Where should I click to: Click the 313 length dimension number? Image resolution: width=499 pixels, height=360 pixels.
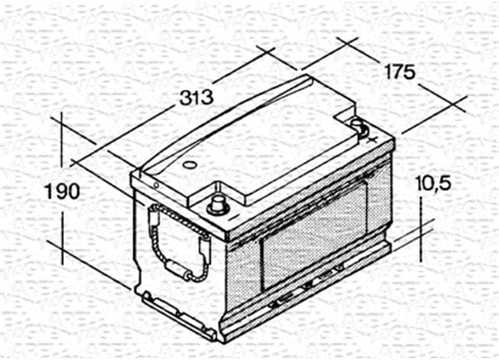pyautogui.click(x=196, y=97)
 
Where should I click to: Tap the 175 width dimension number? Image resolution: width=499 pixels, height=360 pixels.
pyautogui.click(x=400, y=72)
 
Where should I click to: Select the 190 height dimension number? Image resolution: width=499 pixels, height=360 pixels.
pyautogui.click(x=63, y=192)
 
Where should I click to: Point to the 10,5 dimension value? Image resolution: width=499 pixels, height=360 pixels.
pyautogui.click(x=433, y=184)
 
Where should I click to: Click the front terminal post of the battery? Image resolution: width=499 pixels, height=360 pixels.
pyautogui.click(x=218, y=205)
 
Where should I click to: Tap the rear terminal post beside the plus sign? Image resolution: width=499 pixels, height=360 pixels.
pyautogui.click(x=359, y=127)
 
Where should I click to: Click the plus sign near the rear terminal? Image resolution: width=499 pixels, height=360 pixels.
pyautogui.click(x=371, y=139)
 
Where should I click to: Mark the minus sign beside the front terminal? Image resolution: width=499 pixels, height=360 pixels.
pyautogui.click(x=233, y=217)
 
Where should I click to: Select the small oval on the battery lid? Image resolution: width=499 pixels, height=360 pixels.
pyautogui.click(x=190, y=165)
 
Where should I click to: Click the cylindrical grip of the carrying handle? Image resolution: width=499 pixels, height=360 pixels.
pyautogui.click(x=175, y=269)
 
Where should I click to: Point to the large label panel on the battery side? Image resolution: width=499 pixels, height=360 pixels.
pyautogui.click(x=314, y=235)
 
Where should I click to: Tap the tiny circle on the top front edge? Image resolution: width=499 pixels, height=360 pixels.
pyautogui.click(x=156, y=185)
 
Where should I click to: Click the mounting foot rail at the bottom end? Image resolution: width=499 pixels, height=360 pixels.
pyautogui.click(x=178, y=317)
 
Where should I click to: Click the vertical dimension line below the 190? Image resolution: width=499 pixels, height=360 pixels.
pyautogui.click(x=63, y=238)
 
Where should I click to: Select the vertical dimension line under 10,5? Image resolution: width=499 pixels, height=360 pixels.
pyautogui.click(x=422, y=229)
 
